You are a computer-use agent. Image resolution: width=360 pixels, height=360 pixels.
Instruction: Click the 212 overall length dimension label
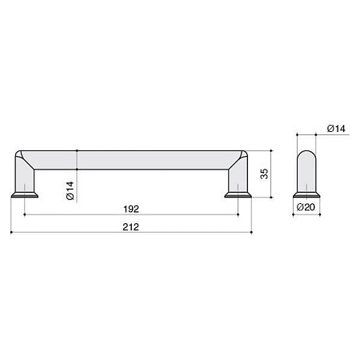point(130,227)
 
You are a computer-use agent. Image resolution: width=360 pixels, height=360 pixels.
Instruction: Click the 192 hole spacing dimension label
point(131,209)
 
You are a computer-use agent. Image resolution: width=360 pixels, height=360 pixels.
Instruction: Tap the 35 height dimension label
point(264,174)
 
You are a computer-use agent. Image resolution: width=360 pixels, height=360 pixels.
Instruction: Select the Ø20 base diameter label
point(306,207)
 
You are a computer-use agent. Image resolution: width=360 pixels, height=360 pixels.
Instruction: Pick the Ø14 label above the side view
point(336,129)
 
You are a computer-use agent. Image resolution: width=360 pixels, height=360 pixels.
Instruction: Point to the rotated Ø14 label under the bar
point(70,190)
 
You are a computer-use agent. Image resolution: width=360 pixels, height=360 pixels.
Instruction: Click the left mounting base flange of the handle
point(25,195)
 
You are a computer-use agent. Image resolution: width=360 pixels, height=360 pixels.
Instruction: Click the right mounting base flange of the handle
point(238,195)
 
